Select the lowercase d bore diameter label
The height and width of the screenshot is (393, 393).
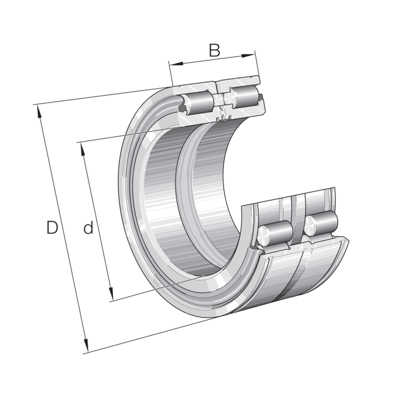tap(88, 228)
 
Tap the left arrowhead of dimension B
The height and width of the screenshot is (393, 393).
tap(172, 64)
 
